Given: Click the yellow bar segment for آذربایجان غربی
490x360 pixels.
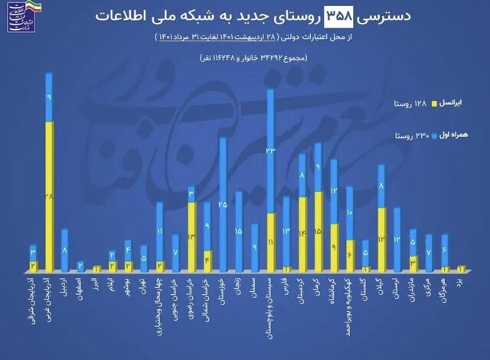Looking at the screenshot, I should tap(49, 195).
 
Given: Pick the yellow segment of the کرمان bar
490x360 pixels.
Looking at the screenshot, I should tap(318, 230).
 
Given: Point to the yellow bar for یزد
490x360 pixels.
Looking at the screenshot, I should tap(461, 268).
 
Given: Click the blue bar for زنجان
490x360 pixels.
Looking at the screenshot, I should tap(239, 231).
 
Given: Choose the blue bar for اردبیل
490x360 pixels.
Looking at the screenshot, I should tap(65, 250).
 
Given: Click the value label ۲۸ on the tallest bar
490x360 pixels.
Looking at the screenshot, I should tap(49, 198).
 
